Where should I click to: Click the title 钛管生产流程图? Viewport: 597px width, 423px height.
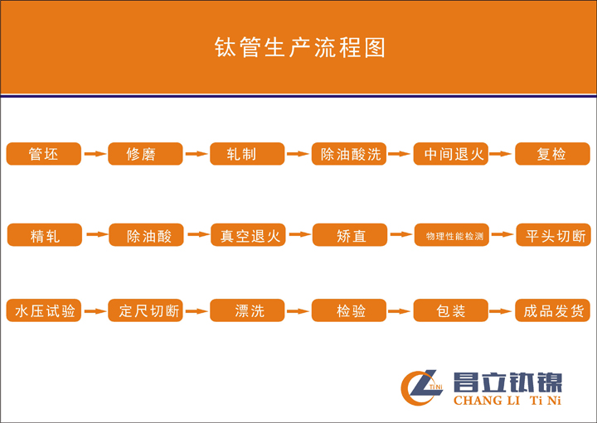pyautogui.click(x=299, y=47)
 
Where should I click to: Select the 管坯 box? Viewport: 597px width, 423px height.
pyautogui.click(x=44, y=153)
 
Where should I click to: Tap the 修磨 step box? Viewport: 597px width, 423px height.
pyautogui.click(x=145, y=153)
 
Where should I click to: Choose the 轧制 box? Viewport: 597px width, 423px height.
pyautogui.click(x=247, y=153)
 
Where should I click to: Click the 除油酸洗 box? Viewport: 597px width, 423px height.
pyautogui.click(x=349, y=153)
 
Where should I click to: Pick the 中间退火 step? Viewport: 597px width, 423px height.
pyautogui.click(x=451, y=153)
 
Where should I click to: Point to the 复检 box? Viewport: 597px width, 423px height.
pyautogui.click(x=552, y=153)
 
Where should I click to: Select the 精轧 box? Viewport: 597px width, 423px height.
pyautogui.click(x=45, y=235)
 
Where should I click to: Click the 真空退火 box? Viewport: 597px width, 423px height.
pyautogui.click(x=248, y=235)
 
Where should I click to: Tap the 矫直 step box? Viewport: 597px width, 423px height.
pyautogui.click(x=350, y=235)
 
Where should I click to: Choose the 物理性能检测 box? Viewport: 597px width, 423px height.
pyautogui.click(x=452, y=235)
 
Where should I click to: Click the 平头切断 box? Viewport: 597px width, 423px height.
pyautogui.click(x=553, y=235)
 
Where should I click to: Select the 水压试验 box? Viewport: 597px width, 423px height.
pyautogui.click(x=44, y=310)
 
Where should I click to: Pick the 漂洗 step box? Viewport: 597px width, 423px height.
pyautogui.click(x=247, y=310)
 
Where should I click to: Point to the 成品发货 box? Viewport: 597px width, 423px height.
pyautogui.click(x=552, y=310)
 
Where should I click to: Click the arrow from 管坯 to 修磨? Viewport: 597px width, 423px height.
pyautogui.click(x=95, y=153)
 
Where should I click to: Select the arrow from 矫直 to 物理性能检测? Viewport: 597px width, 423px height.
pyautogui.click(x=401, y=234)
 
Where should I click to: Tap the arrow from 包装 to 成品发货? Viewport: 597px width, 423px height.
pyautogui.click(x=501, y=311)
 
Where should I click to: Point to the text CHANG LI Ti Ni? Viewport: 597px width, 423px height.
pyautogui.click(x=507, y=400)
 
